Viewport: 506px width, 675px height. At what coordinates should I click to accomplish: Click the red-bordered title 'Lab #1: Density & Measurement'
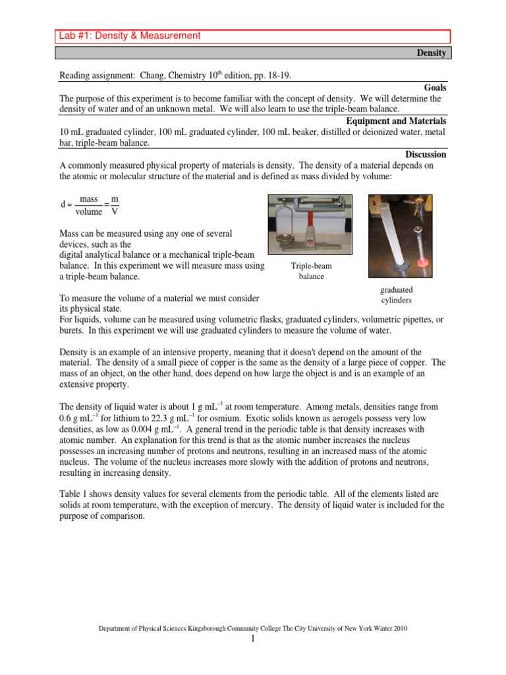coord(129,36)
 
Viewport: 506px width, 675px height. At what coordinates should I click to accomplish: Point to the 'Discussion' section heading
coord(426,154)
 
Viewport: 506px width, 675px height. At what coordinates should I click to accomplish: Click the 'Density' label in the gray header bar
coord(431,53)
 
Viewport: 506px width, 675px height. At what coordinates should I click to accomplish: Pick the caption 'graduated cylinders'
coord(396,295)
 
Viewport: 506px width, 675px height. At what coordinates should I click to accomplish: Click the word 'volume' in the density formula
coord(88,212)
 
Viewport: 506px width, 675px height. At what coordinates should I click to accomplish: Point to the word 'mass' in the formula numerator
coord(88,198)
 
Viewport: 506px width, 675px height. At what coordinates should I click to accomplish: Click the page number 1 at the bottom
coord(252,639)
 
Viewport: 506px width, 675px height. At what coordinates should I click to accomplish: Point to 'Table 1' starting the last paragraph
coord(74,494)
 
